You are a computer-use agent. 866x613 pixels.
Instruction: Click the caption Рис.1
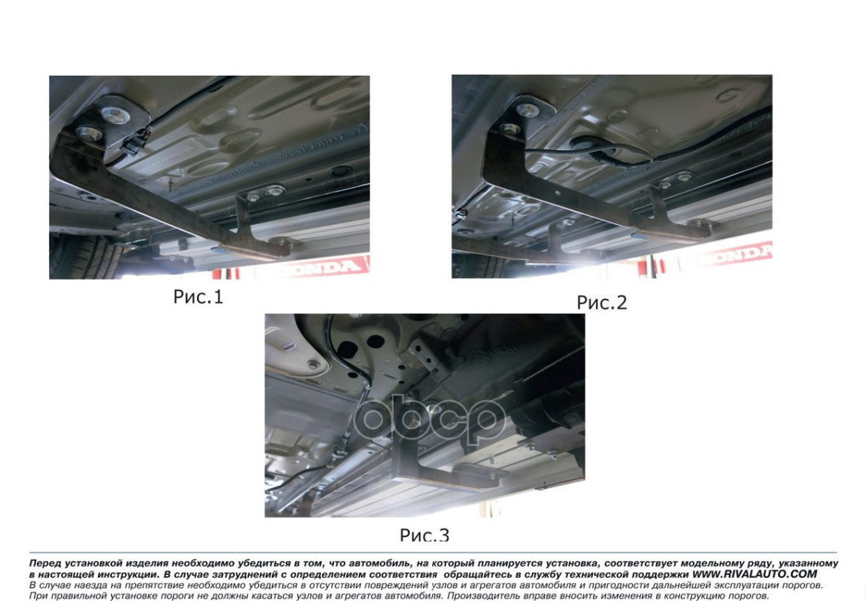click(198, 297)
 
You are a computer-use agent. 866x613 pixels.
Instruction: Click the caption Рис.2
click(602, 303)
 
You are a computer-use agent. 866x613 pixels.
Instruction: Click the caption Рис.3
click(425, 535)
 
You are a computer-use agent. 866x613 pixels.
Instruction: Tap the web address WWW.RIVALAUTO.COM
click(754, 574)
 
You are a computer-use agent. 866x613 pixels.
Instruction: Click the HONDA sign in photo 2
click(734, 254)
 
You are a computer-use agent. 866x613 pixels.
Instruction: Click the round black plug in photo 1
click(339, 172)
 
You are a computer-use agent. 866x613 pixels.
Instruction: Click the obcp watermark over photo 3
click(429, 420)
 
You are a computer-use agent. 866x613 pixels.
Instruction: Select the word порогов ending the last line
click(749, 596)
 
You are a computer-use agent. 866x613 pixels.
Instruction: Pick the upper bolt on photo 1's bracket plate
click(116, 114)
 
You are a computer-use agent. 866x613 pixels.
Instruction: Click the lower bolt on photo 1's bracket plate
click(89, 133)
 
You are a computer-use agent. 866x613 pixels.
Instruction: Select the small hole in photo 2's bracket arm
click(559, 193)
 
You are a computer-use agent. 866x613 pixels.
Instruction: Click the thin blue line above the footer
click(433, 552)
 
